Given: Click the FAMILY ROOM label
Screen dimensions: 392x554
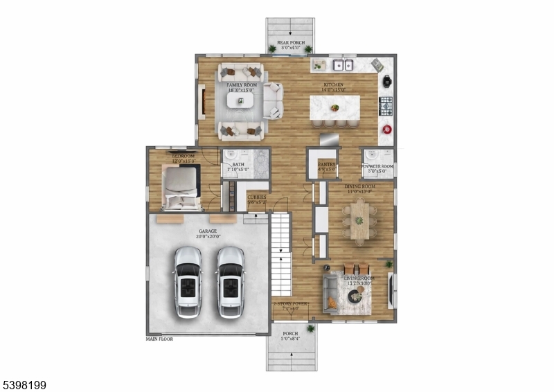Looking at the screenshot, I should coord(240,84).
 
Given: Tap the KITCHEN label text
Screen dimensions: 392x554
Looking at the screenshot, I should coord(334,85).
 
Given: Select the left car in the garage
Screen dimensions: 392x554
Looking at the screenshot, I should coord(188,280).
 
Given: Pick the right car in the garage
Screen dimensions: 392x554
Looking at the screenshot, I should coord(230,280).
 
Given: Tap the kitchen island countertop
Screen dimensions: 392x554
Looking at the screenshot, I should coord(334,107).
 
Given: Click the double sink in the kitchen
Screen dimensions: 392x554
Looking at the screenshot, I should coord(342,66).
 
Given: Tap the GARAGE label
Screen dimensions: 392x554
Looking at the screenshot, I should coord(208,231).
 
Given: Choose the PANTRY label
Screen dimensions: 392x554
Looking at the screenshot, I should coord(327,165).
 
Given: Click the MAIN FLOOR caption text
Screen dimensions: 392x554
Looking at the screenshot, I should coord(159,339).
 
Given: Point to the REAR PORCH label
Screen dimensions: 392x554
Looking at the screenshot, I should coord(291,43).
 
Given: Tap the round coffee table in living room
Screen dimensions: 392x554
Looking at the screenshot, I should coord(355,296).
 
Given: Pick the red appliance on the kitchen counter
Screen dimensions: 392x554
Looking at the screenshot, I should coord(386,130).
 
